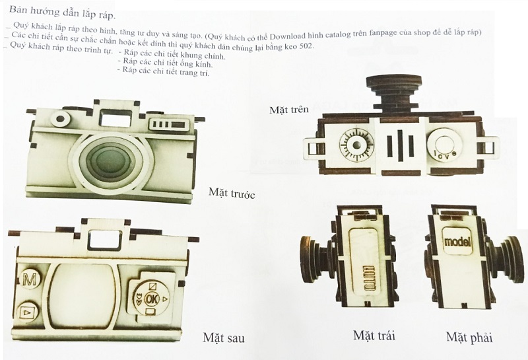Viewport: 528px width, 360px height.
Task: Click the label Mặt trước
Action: click(x=232, y=193)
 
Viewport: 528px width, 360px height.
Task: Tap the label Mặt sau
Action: click(x=224, y=338)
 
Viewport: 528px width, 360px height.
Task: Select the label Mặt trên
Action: click(x=289, y=110)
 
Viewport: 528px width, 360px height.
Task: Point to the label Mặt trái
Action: click(x=374, y=336)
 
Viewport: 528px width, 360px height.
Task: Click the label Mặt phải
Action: click(x=469, y=337)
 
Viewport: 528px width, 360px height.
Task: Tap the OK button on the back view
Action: click(x=151, y=299)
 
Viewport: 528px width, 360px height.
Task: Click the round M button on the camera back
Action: click(x=30, y=279)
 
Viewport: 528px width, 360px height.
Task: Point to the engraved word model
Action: click(x=457, y=241)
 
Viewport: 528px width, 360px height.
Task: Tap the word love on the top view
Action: click(x=445, y=153)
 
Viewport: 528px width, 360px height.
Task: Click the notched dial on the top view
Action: click(x=356, y=145)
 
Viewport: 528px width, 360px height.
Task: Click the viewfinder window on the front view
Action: click(x=115, y=118)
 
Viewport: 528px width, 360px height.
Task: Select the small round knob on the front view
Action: click(x=61, y=119)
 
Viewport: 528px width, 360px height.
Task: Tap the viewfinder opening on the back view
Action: click(x=106, y=239)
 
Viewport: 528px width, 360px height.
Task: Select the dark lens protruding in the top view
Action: click(x=394, y=92)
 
